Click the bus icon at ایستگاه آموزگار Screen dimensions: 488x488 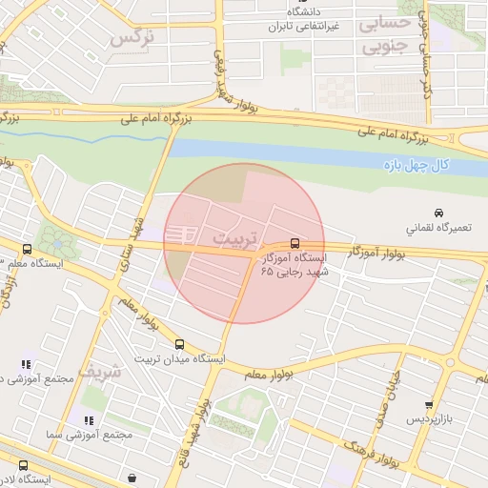(295, 243)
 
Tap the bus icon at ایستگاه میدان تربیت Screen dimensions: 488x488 (180, 344)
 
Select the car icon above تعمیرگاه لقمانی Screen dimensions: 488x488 (437, 212)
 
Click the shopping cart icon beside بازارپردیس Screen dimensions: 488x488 (430, 404)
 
